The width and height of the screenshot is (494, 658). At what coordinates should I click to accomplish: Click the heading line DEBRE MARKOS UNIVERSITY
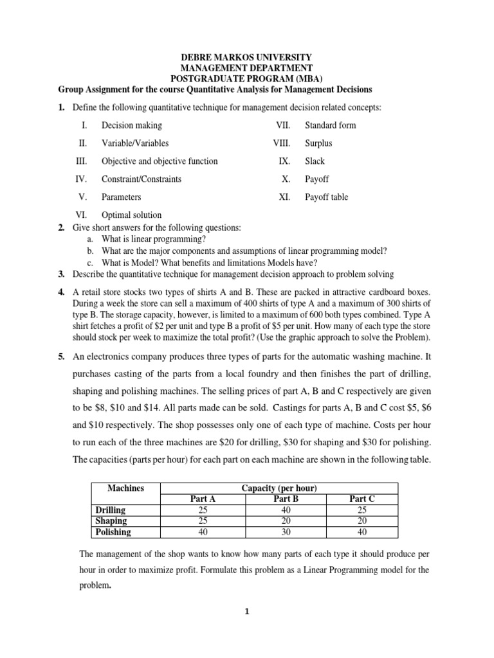click(247, 57)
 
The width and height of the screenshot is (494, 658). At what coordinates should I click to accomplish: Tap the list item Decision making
click(132, 125)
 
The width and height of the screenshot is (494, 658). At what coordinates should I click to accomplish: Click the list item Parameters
click(121, 197)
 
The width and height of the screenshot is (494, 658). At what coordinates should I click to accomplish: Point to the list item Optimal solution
click(131, 215)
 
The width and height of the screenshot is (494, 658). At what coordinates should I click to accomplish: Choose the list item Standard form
click(330, 125)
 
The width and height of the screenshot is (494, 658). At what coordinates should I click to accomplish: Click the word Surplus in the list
click(318, 143)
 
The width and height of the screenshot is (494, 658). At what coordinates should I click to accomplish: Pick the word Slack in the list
click(315, 161)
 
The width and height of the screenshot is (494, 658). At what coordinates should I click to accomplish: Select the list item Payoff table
click(326, 197)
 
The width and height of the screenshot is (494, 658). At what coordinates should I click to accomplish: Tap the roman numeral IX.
click(285, 161)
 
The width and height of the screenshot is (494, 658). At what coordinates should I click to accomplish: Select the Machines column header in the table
click(125, 488)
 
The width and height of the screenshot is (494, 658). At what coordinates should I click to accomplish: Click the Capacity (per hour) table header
click(279, 488)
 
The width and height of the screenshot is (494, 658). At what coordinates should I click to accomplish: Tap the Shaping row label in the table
click(111, 521)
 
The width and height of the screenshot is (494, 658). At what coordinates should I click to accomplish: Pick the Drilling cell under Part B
click(278, 510)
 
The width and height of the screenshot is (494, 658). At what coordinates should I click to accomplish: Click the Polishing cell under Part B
click(278, 532)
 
